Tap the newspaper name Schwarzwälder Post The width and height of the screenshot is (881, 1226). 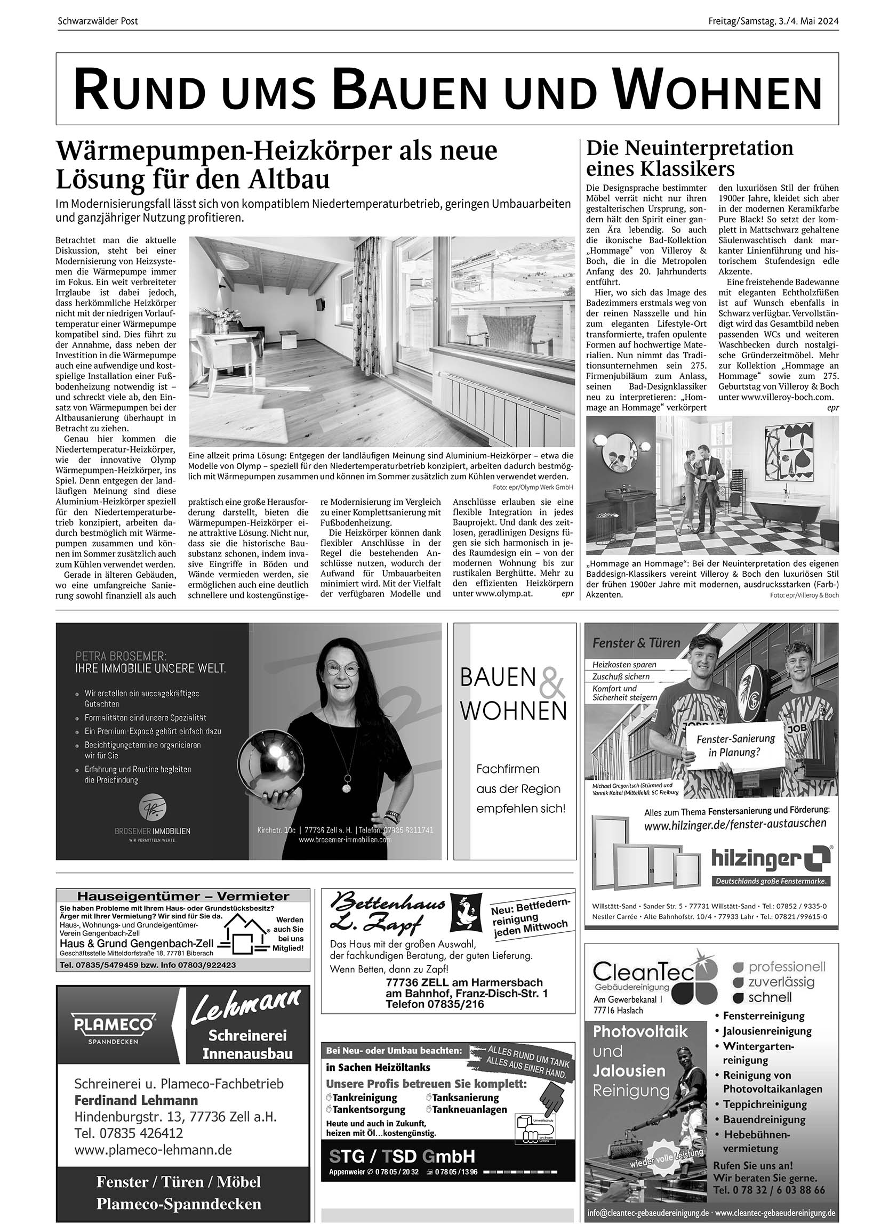(98, 22)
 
